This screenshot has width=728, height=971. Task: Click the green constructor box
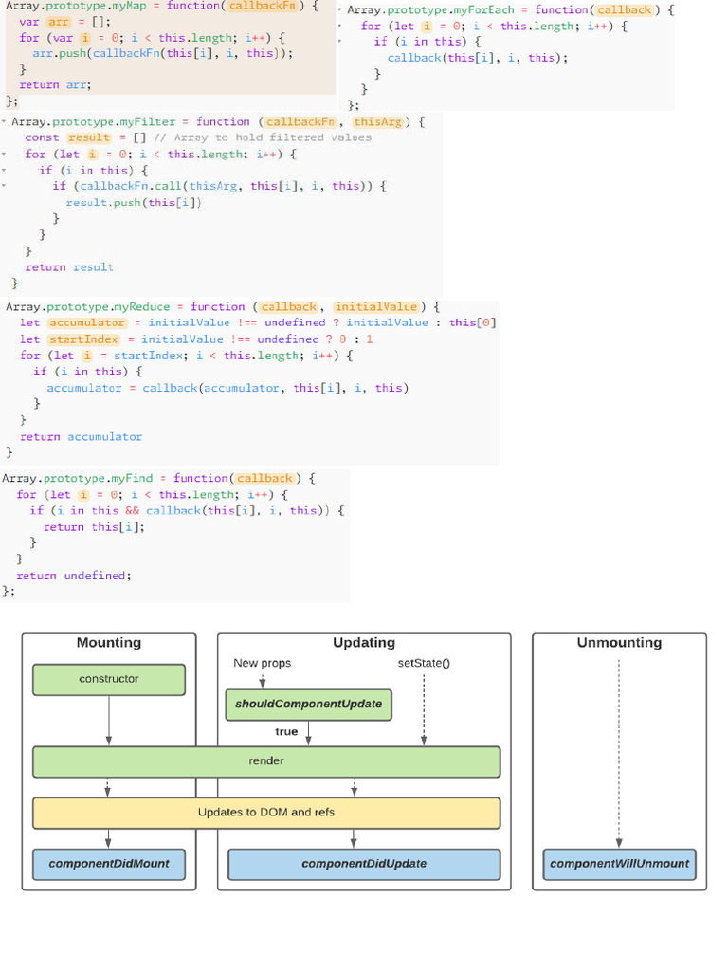(109, 679)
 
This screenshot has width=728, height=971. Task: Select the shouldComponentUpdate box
(308, 704)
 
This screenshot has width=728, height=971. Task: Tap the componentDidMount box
(109, 864)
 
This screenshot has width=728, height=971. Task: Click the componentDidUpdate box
(363, 864)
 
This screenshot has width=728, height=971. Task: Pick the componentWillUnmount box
(619, 864)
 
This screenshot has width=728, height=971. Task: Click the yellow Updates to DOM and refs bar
(266, 813)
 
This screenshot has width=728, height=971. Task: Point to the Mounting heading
(109, 643)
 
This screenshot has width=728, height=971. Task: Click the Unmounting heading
(619, 643)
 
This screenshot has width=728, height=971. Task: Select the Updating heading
(363, 643)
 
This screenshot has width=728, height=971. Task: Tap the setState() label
(424, 663)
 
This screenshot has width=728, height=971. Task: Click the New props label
(263, 663)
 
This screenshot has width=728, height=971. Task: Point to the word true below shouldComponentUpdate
(286, 731)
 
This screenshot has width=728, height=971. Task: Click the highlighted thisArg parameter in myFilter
(378, 121)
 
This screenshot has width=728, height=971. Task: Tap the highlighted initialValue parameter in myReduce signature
(375, 306)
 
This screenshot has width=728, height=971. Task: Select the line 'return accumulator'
(81, 436)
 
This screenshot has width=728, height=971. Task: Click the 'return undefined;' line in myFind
(74, 576)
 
